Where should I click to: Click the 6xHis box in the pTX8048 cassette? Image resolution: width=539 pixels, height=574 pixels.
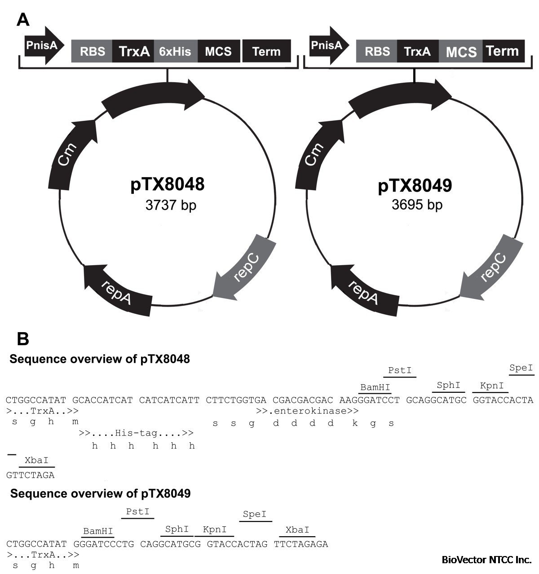(x=175, y=51)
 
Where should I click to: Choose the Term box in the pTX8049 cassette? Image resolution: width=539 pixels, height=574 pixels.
(x=503, y=51)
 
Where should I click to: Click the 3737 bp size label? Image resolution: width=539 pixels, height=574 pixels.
(x=171, y=205)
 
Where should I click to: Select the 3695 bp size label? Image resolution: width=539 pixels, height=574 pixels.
(x=417, y=205)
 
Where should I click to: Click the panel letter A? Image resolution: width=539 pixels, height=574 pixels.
(x=23, y=20)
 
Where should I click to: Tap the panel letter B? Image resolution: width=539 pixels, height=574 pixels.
(x=22, y=339)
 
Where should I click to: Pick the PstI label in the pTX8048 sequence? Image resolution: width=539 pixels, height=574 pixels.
(x=400, y=370)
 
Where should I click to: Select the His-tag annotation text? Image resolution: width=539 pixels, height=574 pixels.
(x=136, y=433)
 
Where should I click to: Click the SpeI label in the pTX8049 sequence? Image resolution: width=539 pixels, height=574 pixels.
(x=255, y=514)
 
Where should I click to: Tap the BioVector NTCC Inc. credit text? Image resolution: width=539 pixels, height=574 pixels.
(x=486, y=560)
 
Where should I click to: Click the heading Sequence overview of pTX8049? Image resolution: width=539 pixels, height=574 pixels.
(x=100, y=494)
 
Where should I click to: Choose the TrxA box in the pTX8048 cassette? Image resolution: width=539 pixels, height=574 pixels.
(x=133, y=51)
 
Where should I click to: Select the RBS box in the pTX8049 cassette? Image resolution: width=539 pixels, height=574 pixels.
(x=377, y=51)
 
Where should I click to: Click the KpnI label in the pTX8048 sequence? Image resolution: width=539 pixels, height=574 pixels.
(x=491, y=386)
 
